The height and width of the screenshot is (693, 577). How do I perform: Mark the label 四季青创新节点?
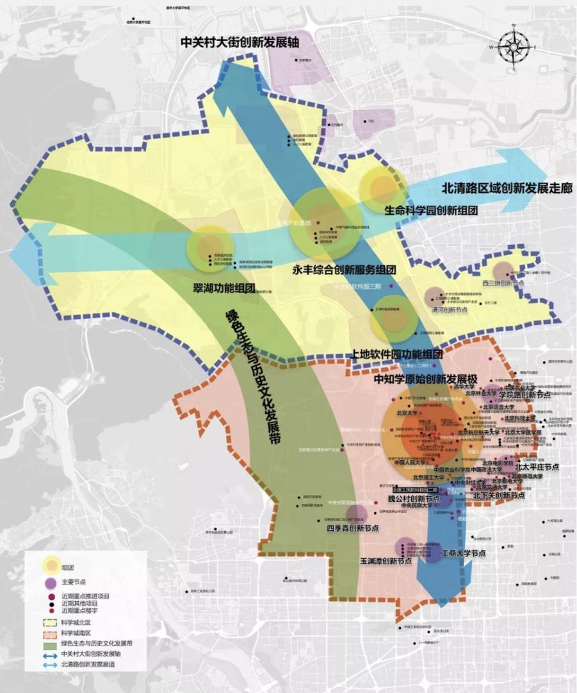click(352, 529)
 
